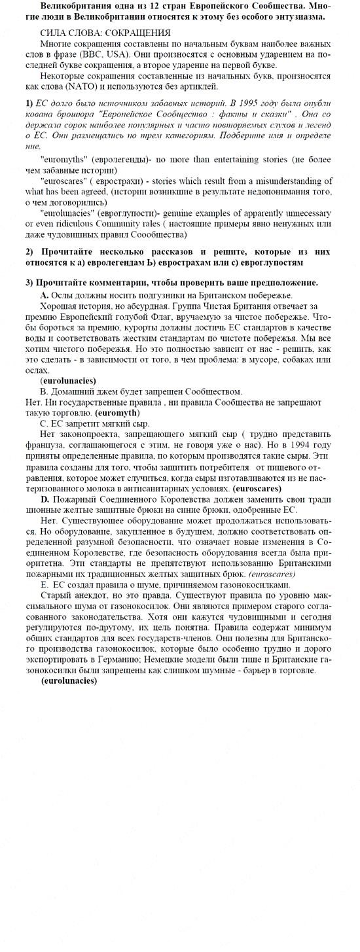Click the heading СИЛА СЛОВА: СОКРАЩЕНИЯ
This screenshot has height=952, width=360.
point(105,33)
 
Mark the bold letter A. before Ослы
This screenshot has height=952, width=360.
point(45,295)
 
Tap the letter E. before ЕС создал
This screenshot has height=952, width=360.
point(45,584)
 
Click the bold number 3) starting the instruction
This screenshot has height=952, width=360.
point(29,283)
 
